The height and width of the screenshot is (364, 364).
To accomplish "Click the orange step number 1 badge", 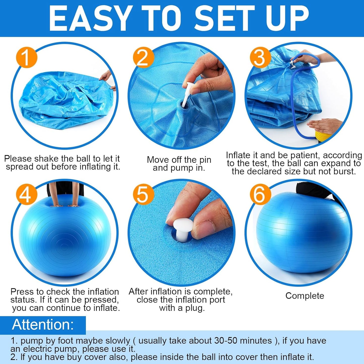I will [26, 57].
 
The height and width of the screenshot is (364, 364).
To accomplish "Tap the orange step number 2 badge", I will [143, 57].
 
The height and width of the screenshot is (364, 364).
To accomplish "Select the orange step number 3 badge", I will [260, 57].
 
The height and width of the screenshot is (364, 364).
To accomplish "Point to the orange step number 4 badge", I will [26, 194].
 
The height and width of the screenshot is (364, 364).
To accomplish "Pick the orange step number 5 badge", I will [143, 194].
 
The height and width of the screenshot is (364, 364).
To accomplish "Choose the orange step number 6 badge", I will [260, 194].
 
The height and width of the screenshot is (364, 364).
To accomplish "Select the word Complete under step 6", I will [305, 296].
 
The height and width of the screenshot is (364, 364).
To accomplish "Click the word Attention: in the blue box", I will [43, 324].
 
